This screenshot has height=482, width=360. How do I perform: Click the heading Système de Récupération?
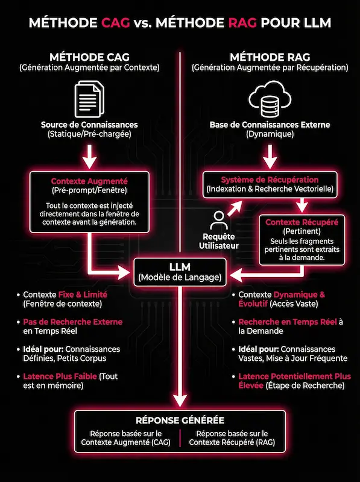(x=270, y=180)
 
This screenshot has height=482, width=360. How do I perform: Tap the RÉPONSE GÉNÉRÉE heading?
(x=180, y=420)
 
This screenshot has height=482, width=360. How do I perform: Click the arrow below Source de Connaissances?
(x=89, y=158)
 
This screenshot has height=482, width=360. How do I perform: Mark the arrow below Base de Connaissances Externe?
(x=269, y=158)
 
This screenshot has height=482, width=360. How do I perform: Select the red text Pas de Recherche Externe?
(x=73, y=322)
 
